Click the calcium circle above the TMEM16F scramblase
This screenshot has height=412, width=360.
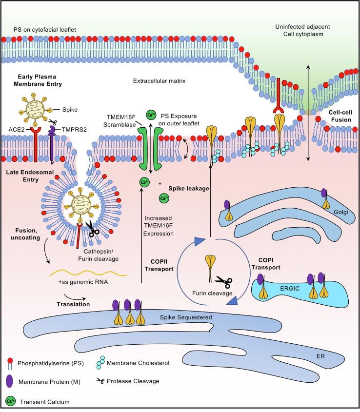pos(151,115)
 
